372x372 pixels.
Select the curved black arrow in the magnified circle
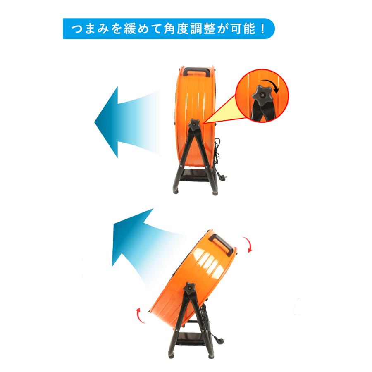point(274,85)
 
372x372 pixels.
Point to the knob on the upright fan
point(194,124)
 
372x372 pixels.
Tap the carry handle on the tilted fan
point(222,244)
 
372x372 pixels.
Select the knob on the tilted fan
point(190,289)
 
